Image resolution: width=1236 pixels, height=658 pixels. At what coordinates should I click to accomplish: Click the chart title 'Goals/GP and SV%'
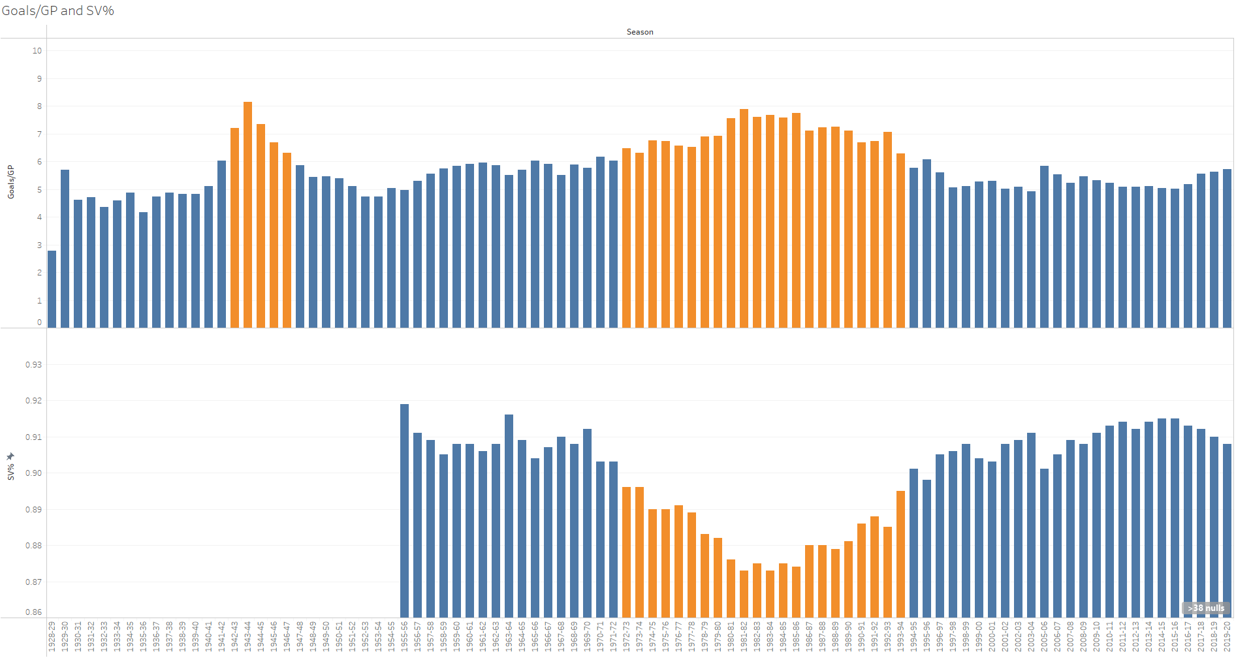58,11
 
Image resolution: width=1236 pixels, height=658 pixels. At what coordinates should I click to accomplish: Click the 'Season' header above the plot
639,32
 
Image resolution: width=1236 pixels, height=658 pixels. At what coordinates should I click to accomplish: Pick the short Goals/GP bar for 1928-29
52,289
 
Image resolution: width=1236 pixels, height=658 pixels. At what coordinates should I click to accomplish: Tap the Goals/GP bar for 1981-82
744,218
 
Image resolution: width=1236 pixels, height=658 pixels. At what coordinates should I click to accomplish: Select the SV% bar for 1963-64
509,516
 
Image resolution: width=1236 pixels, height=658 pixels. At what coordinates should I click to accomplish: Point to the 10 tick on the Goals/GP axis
37,51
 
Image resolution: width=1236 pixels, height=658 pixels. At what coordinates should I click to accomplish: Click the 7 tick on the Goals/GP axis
39,134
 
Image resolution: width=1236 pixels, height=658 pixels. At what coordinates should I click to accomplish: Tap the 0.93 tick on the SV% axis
33,365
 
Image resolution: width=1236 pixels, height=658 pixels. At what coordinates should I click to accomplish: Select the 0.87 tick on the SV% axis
33,582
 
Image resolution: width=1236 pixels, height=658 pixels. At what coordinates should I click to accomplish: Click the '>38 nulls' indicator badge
1206,608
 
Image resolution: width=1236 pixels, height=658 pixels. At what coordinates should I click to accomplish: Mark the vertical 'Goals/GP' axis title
10,182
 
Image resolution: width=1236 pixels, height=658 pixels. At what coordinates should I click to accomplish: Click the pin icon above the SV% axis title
10,456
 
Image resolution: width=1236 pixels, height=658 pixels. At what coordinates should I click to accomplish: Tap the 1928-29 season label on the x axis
52,636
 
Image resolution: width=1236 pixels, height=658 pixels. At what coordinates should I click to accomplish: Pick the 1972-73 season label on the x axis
626,636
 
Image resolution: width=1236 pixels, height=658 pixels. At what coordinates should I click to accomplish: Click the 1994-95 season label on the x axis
913,636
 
